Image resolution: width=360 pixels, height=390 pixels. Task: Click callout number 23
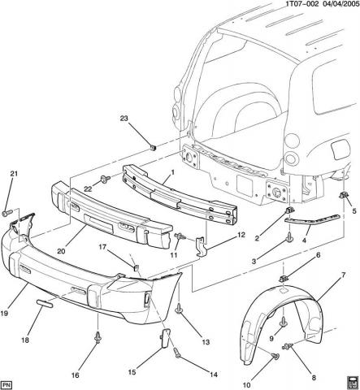tap(124, 119)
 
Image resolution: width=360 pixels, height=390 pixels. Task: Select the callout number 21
tap(14, 173)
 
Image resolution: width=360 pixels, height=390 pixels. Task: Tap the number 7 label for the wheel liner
tap(344, 275)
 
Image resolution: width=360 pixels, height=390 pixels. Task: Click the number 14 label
tap(214, 375)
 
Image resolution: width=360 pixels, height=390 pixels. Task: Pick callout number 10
tap(247, 385)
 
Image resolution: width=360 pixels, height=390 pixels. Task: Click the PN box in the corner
tap(7, 385)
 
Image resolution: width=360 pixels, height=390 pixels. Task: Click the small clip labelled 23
tap(154, 148)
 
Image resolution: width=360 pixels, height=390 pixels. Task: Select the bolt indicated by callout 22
tap(106, 179)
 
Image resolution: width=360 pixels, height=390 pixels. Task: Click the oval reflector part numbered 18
tap(44, 303)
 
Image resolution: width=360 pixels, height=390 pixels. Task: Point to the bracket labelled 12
tap(200, 246)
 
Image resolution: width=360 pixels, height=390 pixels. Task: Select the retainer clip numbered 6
tap(283, 278)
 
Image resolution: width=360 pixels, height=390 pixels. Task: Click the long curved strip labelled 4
tap(311, 220)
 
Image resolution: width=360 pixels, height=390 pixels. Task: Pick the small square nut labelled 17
tap(136, 268)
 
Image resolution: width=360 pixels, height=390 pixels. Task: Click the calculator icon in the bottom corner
tap(353, 383)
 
